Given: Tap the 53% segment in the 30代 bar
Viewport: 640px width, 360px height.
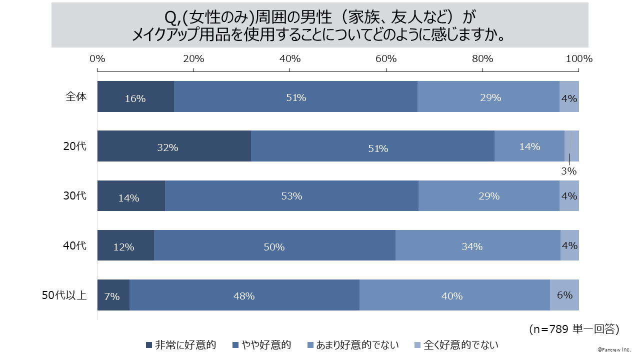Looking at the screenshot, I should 291,195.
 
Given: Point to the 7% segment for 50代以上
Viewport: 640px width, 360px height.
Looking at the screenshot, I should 113,295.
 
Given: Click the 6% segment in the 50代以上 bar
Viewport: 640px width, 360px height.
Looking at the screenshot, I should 564,295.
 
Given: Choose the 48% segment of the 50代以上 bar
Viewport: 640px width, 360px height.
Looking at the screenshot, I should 244,295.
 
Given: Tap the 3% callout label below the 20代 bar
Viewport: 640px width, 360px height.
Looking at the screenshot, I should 569,171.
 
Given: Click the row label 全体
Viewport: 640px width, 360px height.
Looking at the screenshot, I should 76,96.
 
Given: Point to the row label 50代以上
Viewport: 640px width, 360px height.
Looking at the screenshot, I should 64,295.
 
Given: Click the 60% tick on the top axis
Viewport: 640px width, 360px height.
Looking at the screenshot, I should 386,58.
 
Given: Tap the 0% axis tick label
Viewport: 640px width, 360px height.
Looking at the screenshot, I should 97,58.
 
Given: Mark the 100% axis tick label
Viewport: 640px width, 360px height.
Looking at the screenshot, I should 579,58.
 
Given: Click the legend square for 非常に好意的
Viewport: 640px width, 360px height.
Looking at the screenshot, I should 148,345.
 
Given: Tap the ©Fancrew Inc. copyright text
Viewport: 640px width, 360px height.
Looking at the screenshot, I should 614,348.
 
